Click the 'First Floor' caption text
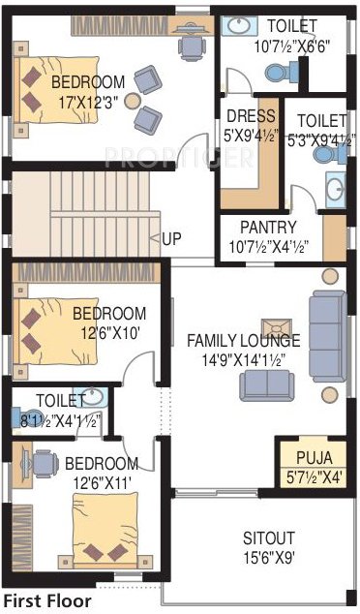click(47, 601)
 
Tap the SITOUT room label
click(270, 537)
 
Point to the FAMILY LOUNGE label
click(243, 341)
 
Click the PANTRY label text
click(268, 228)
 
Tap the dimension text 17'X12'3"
click(87, 99)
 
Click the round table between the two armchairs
click(131, 100)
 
